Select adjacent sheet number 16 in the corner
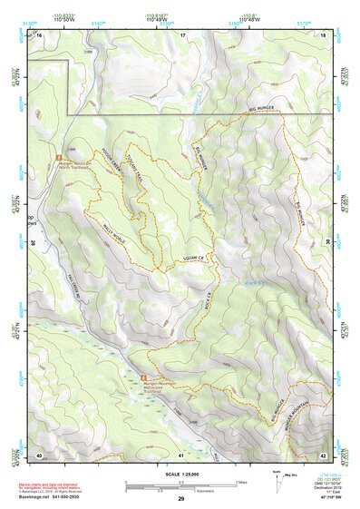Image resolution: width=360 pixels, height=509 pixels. [x=39, y=34]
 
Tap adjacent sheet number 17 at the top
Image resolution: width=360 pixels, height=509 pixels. [x=181, y=34]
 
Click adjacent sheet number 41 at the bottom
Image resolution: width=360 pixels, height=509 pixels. [x=181, y=455]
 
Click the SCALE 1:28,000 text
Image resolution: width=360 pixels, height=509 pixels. [x=180, y=473]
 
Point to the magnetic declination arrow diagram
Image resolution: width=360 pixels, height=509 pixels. [x=276, y=478]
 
